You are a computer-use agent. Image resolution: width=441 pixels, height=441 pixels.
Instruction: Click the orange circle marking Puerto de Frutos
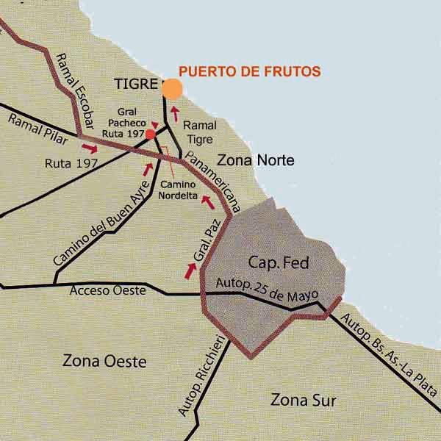(171, 89)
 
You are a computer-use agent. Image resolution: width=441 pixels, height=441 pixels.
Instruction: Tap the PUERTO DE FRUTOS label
(251, 71)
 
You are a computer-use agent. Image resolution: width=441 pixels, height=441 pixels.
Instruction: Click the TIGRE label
(136, 85)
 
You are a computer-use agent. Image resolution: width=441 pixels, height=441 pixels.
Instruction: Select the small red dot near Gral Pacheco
(150, 135)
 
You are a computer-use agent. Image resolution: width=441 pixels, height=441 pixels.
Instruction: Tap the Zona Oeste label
(104, 362)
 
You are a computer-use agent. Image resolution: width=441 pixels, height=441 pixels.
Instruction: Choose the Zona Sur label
(303, 401)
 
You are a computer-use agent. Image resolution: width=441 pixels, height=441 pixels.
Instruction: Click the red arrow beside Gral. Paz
(190, 270)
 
